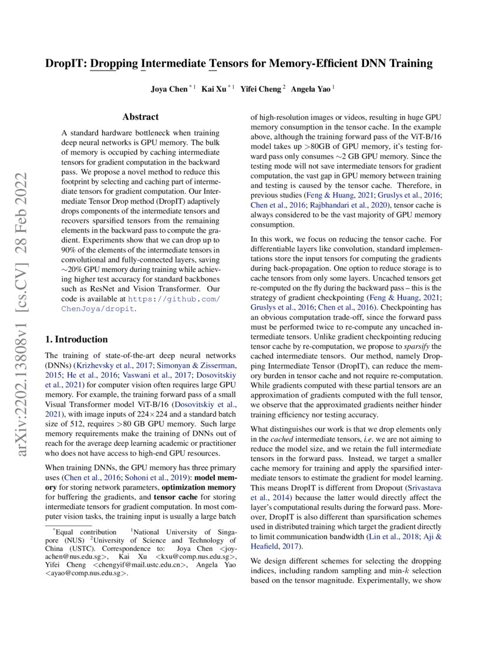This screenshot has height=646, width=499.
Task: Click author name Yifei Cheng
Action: [261, 89]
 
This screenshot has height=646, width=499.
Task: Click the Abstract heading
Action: [140, 117]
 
